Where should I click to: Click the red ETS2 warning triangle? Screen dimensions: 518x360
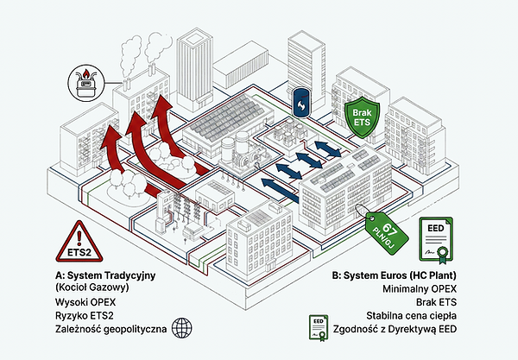point(79,243)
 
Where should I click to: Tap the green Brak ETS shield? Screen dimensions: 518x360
point(362,117)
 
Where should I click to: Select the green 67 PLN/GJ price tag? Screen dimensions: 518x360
point(387,233)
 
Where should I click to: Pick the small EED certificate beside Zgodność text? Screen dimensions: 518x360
point(319,328)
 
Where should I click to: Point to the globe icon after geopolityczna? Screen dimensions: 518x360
point(181,328)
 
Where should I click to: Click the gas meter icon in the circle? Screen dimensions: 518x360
point(85,83)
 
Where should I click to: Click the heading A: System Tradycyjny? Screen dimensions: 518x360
point(105,275)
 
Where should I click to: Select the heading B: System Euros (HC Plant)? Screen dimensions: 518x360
point(395,275)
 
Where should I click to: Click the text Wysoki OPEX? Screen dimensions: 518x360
point(85,302)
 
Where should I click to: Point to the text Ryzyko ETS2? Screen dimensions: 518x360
point(85,315)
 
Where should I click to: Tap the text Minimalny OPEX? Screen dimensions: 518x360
point(420,288)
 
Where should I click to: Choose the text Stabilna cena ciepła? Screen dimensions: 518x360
point(411,315)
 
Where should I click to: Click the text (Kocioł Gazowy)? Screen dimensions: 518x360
point(92,287)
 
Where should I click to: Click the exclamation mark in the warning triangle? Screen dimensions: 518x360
point(79,238)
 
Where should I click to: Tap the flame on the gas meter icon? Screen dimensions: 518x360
point(85,73)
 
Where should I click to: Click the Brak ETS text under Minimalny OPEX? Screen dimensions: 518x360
point(436,302)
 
